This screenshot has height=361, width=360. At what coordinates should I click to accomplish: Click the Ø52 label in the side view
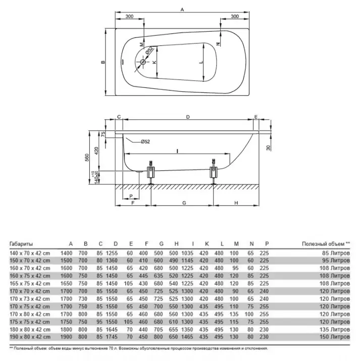point(144,142)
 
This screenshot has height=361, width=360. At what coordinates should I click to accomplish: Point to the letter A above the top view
point(182,9)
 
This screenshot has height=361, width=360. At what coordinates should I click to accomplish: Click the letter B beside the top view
point(102,62)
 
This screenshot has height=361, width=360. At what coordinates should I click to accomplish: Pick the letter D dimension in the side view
point(187,117)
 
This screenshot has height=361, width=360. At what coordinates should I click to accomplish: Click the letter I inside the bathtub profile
point(177,150)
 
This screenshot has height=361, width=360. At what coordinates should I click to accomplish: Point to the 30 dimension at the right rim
point(270,147)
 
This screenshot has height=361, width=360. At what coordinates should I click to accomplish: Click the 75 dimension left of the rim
point(103,134)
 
